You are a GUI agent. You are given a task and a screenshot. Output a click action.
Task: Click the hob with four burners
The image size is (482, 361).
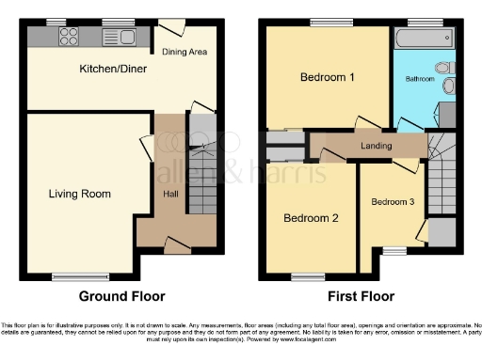click(70, 38)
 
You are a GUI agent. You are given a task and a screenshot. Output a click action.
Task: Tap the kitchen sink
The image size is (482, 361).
click(123, 38)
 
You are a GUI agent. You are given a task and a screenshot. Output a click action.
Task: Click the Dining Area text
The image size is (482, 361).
click(185, 52)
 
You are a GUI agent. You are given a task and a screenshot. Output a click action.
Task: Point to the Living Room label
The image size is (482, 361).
click(80, 195)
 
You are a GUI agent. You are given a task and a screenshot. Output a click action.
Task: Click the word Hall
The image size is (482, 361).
click(171, 195)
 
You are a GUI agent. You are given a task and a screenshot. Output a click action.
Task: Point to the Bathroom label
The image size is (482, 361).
click(420, 79)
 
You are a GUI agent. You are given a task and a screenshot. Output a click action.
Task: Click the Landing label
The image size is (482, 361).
click(375, 145)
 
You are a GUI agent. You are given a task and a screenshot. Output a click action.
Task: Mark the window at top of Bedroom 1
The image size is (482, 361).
click(327, 23)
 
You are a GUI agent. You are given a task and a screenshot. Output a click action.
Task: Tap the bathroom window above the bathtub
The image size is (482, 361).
click(421, 23)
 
